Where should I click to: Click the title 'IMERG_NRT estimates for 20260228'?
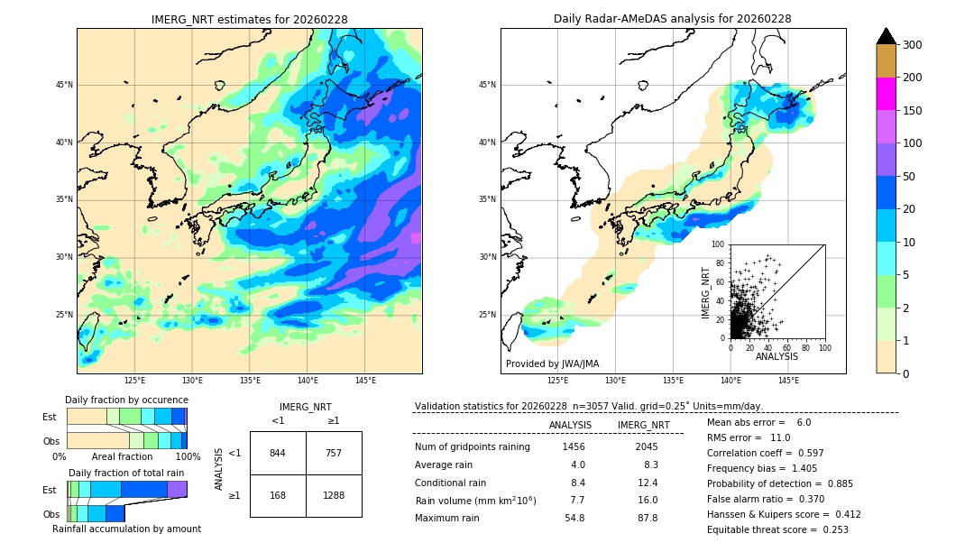coord(249,19)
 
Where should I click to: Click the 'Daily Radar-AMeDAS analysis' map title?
coord(672,19)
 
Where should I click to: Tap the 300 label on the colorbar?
coord(912,45)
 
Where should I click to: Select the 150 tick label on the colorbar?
coord(912,111)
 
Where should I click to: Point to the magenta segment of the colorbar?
coord(886,94)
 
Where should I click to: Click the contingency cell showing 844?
coord(278,454)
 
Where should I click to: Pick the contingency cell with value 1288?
coord(334,494)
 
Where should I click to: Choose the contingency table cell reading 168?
coord(278,494)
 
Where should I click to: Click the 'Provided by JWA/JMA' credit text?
coord(552,364)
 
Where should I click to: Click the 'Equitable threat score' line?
coord(777,529)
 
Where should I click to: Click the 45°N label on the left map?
coord(64,86)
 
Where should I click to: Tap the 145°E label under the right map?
coord(788,381)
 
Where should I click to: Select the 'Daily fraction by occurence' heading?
coord(126,400)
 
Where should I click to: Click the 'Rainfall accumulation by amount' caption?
coord(126,529)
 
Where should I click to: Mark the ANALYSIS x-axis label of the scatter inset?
coord(776,356)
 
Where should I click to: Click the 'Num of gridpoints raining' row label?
coord(473,447)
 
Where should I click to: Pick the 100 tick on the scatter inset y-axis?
coord(719,244)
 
